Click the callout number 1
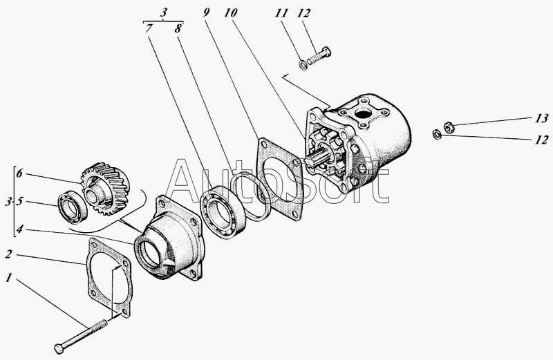click(8, 278)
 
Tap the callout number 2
click(9, 254)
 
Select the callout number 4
click(20, 229)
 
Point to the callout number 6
click(20, 173)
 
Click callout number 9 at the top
click(206, 12)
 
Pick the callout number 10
click(230, 12)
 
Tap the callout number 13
click(541, 118)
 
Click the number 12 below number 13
click(541, 140)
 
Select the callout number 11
click(281, 13)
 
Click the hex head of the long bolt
click(59, 348)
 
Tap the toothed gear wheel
click(105, 189)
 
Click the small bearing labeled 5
click(73, 207)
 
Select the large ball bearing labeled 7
click(223, 213)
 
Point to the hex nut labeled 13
click(449, 127)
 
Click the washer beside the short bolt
click(303, 65)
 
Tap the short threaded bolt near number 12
click(319, 56)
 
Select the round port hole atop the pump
click(362, 114)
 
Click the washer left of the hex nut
click(437, 134)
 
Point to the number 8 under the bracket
click(178, 28)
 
